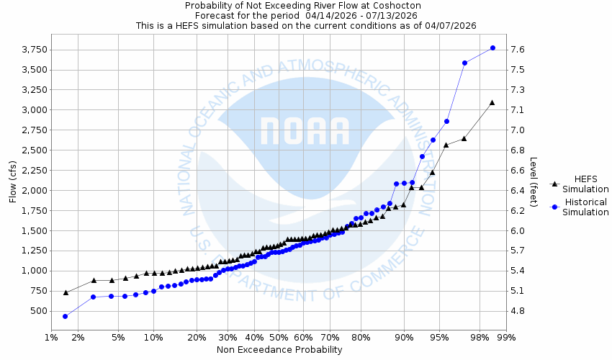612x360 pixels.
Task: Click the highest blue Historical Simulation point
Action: point(492,48)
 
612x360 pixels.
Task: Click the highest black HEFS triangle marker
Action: point(492,102)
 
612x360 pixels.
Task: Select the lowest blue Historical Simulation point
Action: point(65,316)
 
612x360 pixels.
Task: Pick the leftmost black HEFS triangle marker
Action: point(66,292)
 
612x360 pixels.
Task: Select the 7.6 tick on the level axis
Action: point(517,50)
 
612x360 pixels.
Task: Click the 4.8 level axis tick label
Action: point(517,311)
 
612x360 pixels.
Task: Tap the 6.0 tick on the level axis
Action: point(517,230)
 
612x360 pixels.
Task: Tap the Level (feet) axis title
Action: point(534,182)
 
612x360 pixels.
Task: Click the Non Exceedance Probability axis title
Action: point(279,350)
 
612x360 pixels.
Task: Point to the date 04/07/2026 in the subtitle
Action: point(451,25)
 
